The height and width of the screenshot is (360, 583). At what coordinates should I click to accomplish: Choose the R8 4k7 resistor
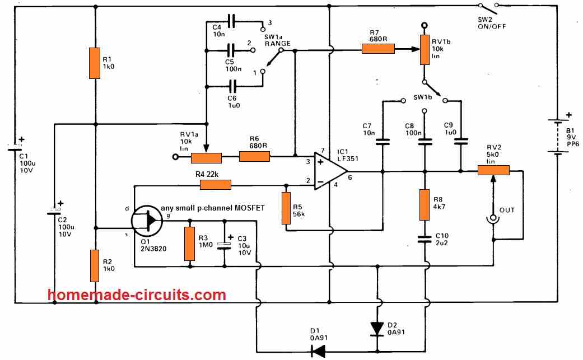425,204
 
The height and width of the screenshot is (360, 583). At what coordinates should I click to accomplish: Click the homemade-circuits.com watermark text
137,295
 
